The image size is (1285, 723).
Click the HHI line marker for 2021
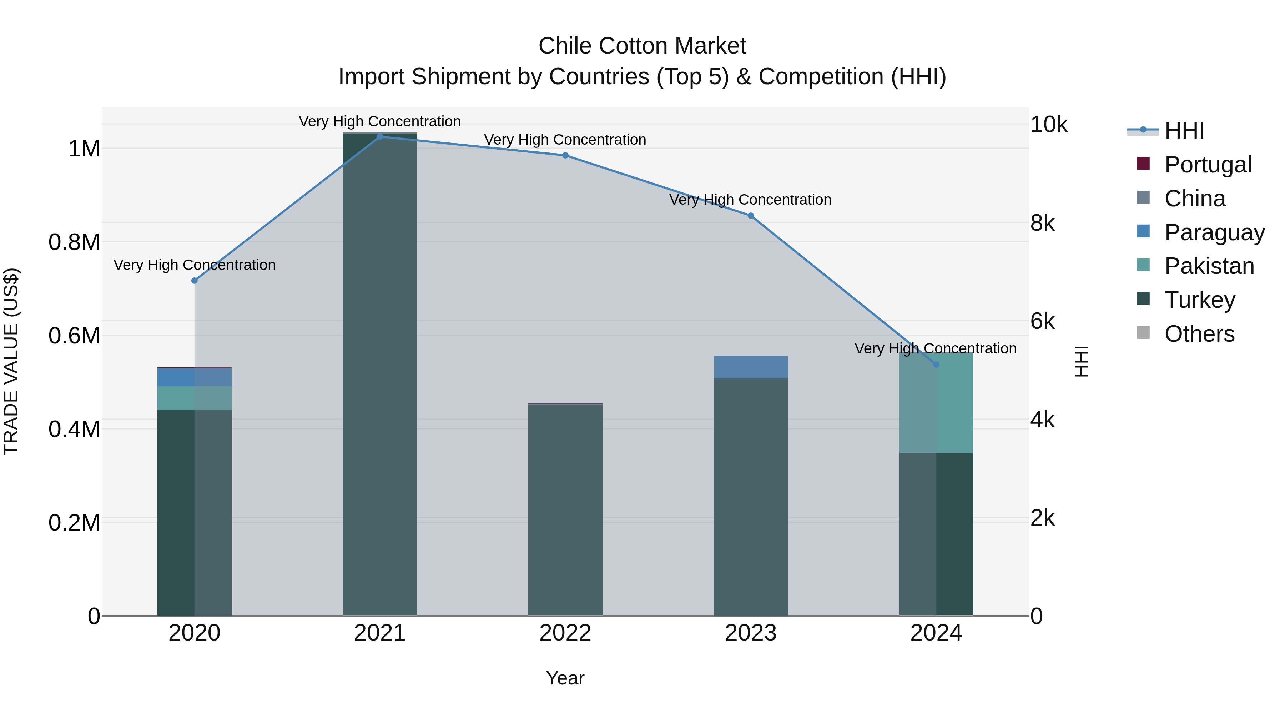[380, 136]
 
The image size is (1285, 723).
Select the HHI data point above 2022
[565, 155]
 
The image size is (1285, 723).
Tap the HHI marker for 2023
[750, 216]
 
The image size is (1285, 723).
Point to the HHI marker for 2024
[936, 365]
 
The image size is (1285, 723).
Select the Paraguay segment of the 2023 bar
[750, 367]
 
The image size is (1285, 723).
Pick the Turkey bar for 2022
[565, 509]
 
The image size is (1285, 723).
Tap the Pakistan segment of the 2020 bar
[195, 398]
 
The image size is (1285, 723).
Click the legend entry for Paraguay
[1214, 232]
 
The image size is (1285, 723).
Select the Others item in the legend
[1199, 334]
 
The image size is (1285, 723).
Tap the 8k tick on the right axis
[1043, 223]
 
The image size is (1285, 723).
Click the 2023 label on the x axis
[750, 633]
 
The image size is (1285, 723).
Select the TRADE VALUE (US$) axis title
[11, 361]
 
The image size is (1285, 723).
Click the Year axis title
[565, 678]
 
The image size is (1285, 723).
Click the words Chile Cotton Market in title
[642, 46]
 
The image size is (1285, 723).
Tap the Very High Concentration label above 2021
[380, 121]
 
